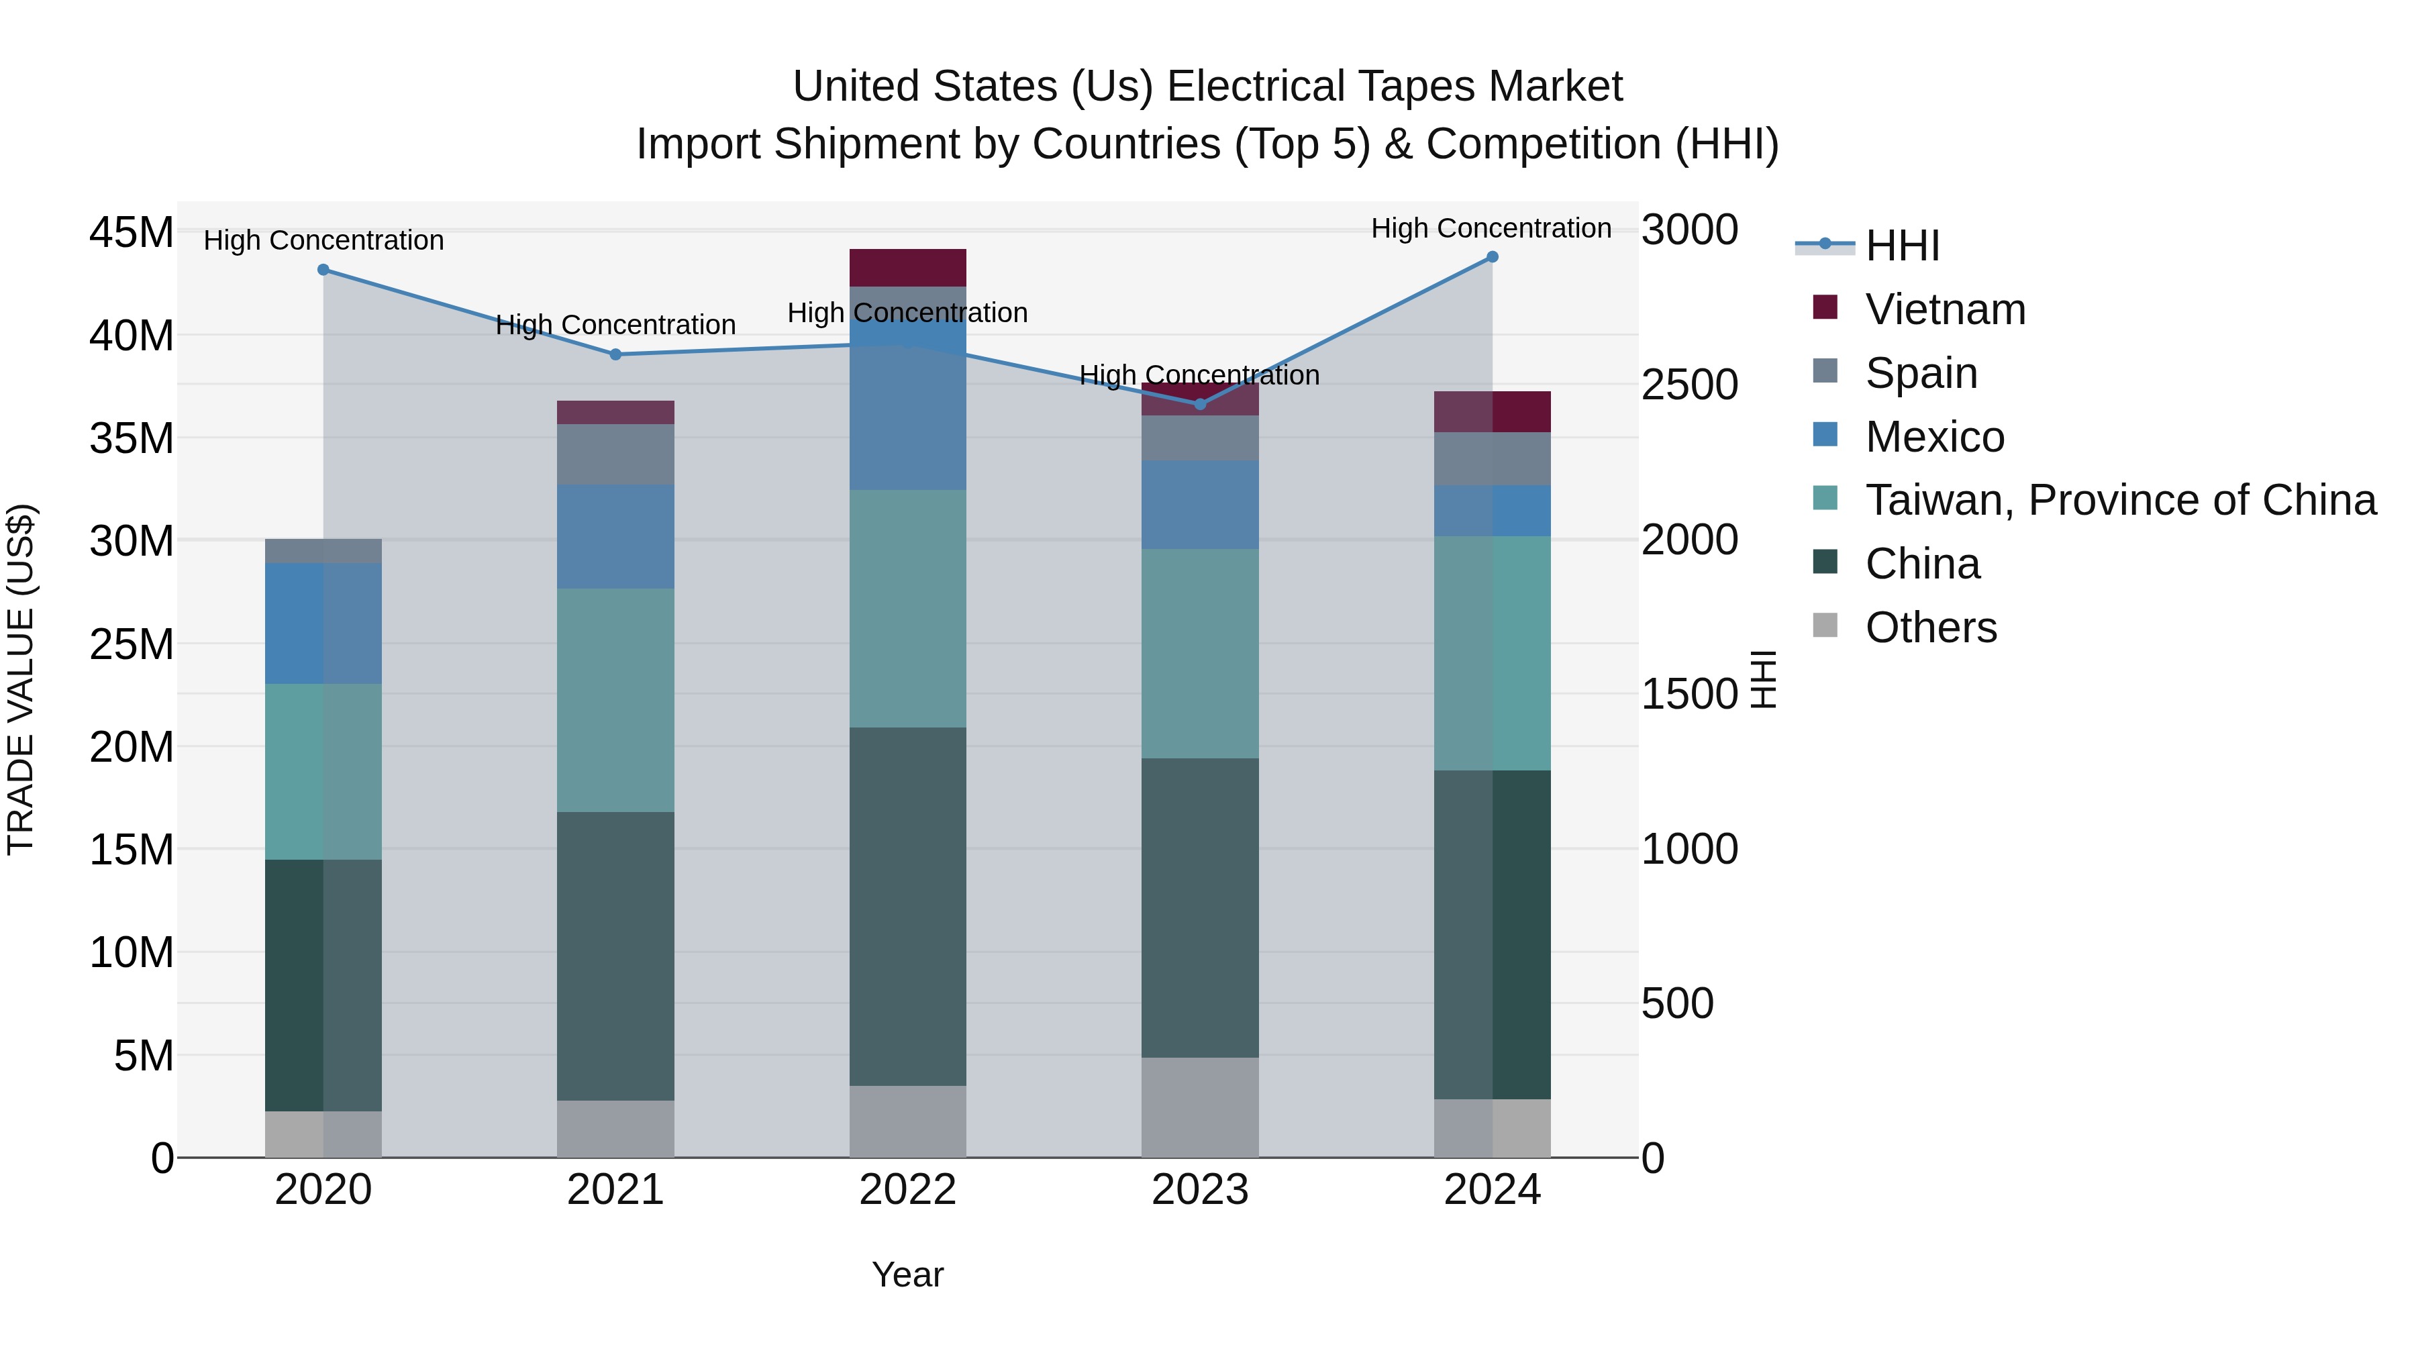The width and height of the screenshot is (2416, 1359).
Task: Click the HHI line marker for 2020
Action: [x=323, y=269]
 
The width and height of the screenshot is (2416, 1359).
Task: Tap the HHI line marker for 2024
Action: [x=1492, y=257]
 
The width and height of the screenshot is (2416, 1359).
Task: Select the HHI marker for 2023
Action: [x=1199, y=404]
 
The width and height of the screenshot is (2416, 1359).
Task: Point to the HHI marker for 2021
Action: [x=615, y=354]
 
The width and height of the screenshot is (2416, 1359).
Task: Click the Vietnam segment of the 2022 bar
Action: [x=907, y=267]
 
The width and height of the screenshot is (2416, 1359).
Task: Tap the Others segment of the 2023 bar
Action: [x=1199, y=1107]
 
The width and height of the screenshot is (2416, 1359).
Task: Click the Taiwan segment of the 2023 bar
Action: [x=1199, y=653]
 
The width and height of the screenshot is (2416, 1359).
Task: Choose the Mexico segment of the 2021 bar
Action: [x=615, y=536]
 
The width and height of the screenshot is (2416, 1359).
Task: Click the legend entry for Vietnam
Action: [x=1944, y=309]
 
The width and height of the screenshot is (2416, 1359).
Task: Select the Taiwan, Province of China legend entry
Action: [x=2119, y=500]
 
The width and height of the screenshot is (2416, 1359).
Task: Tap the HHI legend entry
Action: [x=1901, y=246]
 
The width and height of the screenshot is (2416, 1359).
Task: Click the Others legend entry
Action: [x=1930, y=627]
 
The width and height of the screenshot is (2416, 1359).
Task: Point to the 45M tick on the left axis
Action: [x=132, y=233]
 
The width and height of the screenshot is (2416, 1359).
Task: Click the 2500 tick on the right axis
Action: [x=1689, y=385]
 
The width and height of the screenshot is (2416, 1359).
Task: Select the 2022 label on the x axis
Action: [x=907, y=1190]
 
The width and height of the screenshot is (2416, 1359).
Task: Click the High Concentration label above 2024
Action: [x=1491, y=228]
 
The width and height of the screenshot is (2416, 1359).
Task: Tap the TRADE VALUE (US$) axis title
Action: [x=21, y=679]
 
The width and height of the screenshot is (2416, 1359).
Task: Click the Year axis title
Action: [x=907, y=1274]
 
